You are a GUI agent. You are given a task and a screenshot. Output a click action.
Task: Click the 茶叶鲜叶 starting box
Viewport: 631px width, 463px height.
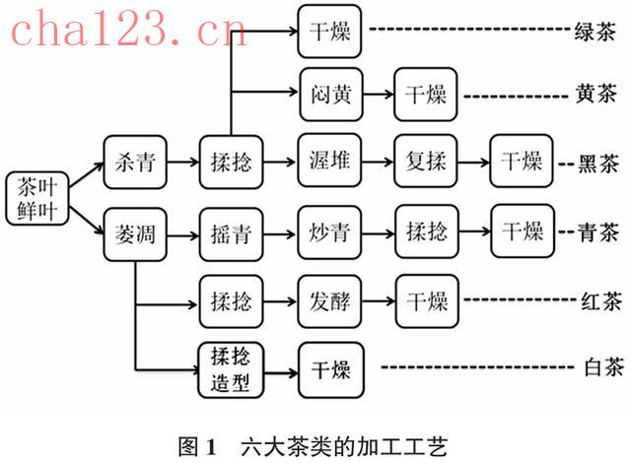coord(39,198)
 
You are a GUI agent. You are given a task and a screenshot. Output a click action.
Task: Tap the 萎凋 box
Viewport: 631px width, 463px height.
coord(134,233)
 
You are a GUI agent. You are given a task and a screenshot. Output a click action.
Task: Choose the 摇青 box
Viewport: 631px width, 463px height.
coord(231,233)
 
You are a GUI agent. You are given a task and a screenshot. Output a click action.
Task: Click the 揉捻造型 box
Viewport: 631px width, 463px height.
coord(231,368)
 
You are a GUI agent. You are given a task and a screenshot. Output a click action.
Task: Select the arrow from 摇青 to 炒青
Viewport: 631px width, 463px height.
coord(280,233)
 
